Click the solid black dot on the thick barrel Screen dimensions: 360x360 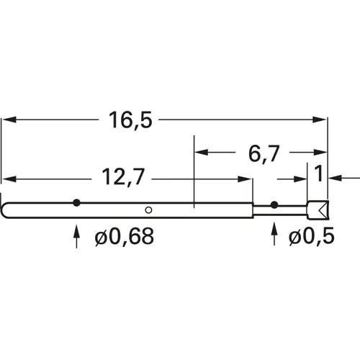click(x=76, y=202)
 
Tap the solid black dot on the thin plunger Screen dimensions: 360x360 click(x=274, y=205)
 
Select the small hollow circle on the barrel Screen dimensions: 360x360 click(x=148, y=210)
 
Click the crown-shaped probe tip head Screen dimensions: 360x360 click(x=317, y=210)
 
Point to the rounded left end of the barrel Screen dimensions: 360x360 click(x=5, y=210)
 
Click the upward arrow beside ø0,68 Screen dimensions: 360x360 click(x=77, y=235)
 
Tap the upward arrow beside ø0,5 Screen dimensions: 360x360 click(x=274, y=235)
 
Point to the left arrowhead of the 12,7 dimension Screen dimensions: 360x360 click(x=9, y=178)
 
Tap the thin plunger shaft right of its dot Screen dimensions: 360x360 click(x=291, y=210)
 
